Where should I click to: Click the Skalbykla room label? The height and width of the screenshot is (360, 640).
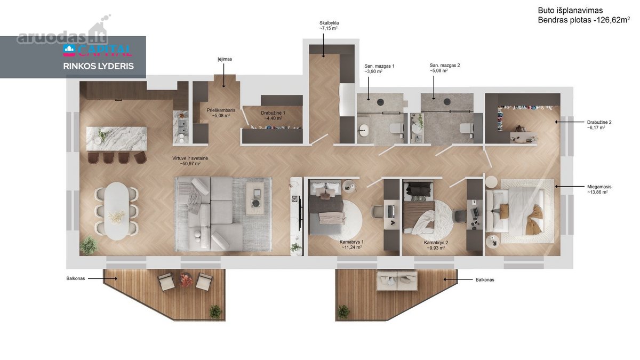coord(329,23)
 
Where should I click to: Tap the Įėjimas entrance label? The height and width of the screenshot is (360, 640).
coord(225,59)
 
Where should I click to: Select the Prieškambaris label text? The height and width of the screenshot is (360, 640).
coord(221,110)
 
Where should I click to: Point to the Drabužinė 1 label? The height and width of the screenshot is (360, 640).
coord(273,113)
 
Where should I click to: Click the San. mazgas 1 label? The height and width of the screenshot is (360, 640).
coord(379,66)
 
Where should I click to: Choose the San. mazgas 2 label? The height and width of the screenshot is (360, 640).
coord(445,65)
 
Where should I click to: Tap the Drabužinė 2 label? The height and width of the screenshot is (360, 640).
coord(599,122)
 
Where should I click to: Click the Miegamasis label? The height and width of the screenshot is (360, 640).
coord(599,187)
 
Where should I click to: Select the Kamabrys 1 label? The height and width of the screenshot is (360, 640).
coord(351,242)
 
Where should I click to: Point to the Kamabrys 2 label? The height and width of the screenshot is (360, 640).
coord(436,243)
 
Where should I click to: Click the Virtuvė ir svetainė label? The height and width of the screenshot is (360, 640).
coord(190,158)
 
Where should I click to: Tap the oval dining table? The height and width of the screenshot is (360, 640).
coord(117,211)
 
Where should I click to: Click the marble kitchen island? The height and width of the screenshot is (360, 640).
coord(117,139)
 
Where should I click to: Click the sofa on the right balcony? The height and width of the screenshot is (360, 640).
coord(397,281)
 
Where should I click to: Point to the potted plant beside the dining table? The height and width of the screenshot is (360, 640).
coord(89,245)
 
